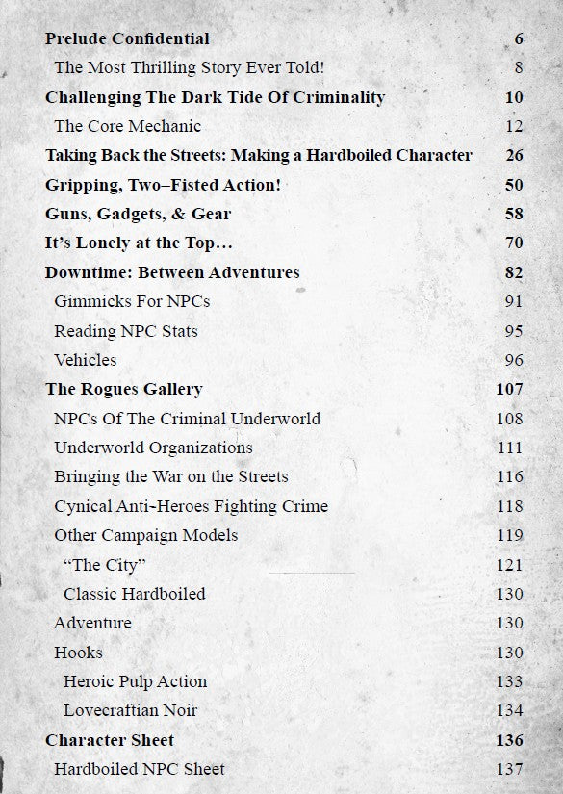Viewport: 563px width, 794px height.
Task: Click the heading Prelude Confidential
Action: pos(127,39)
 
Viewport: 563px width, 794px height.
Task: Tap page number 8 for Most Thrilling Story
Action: pos(518,68)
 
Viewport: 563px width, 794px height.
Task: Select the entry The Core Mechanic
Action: pos(127,126)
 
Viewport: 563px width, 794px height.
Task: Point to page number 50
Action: pos(513,185)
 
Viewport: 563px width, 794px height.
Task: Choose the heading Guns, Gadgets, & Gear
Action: pos(138,214)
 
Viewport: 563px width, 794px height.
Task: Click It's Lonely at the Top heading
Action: pos(139,243)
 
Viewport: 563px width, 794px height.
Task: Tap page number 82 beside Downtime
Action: pos(513,272)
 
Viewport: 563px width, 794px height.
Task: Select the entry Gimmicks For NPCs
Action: pos(132,302)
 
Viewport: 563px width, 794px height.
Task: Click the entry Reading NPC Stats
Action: pos(126,331)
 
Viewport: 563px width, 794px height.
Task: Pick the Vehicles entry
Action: pos(86,360)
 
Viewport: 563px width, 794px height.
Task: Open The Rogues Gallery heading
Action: pos(123,390)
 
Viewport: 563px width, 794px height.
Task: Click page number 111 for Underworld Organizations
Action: pos(509,448)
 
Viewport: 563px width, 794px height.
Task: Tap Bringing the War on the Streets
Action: pos(170,477)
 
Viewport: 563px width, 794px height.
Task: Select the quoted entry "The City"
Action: pos(104,565)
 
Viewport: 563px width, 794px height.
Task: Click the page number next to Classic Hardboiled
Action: pos(509,594)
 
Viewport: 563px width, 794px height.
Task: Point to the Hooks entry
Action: pos(78,653)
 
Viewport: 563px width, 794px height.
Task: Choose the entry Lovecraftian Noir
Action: pos(130,711)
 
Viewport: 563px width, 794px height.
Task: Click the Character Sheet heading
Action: pos(109,740)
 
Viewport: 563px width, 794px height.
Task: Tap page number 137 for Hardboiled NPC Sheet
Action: pos(509,769)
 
